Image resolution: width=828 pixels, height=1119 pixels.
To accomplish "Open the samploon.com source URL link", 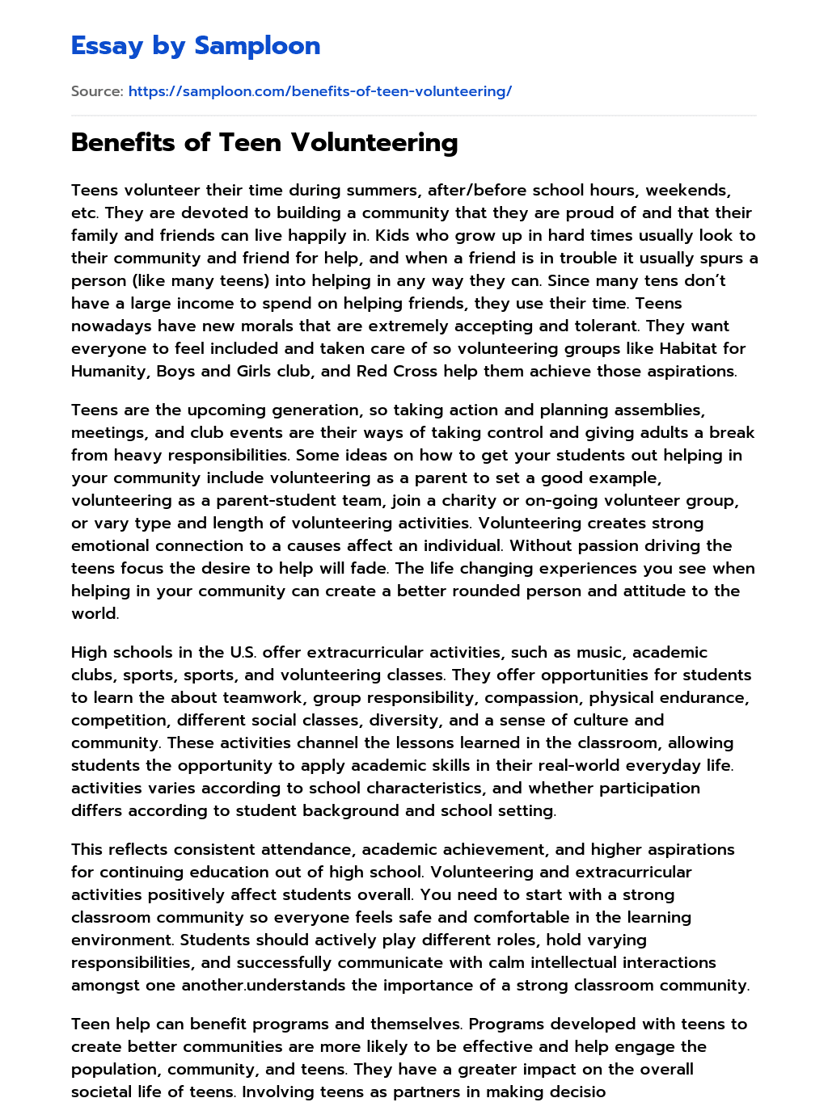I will (x=319, y=91).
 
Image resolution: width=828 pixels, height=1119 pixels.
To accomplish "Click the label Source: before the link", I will (x=96, y=91).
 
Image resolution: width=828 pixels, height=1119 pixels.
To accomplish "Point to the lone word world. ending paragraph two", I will (x=95, y=613).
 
